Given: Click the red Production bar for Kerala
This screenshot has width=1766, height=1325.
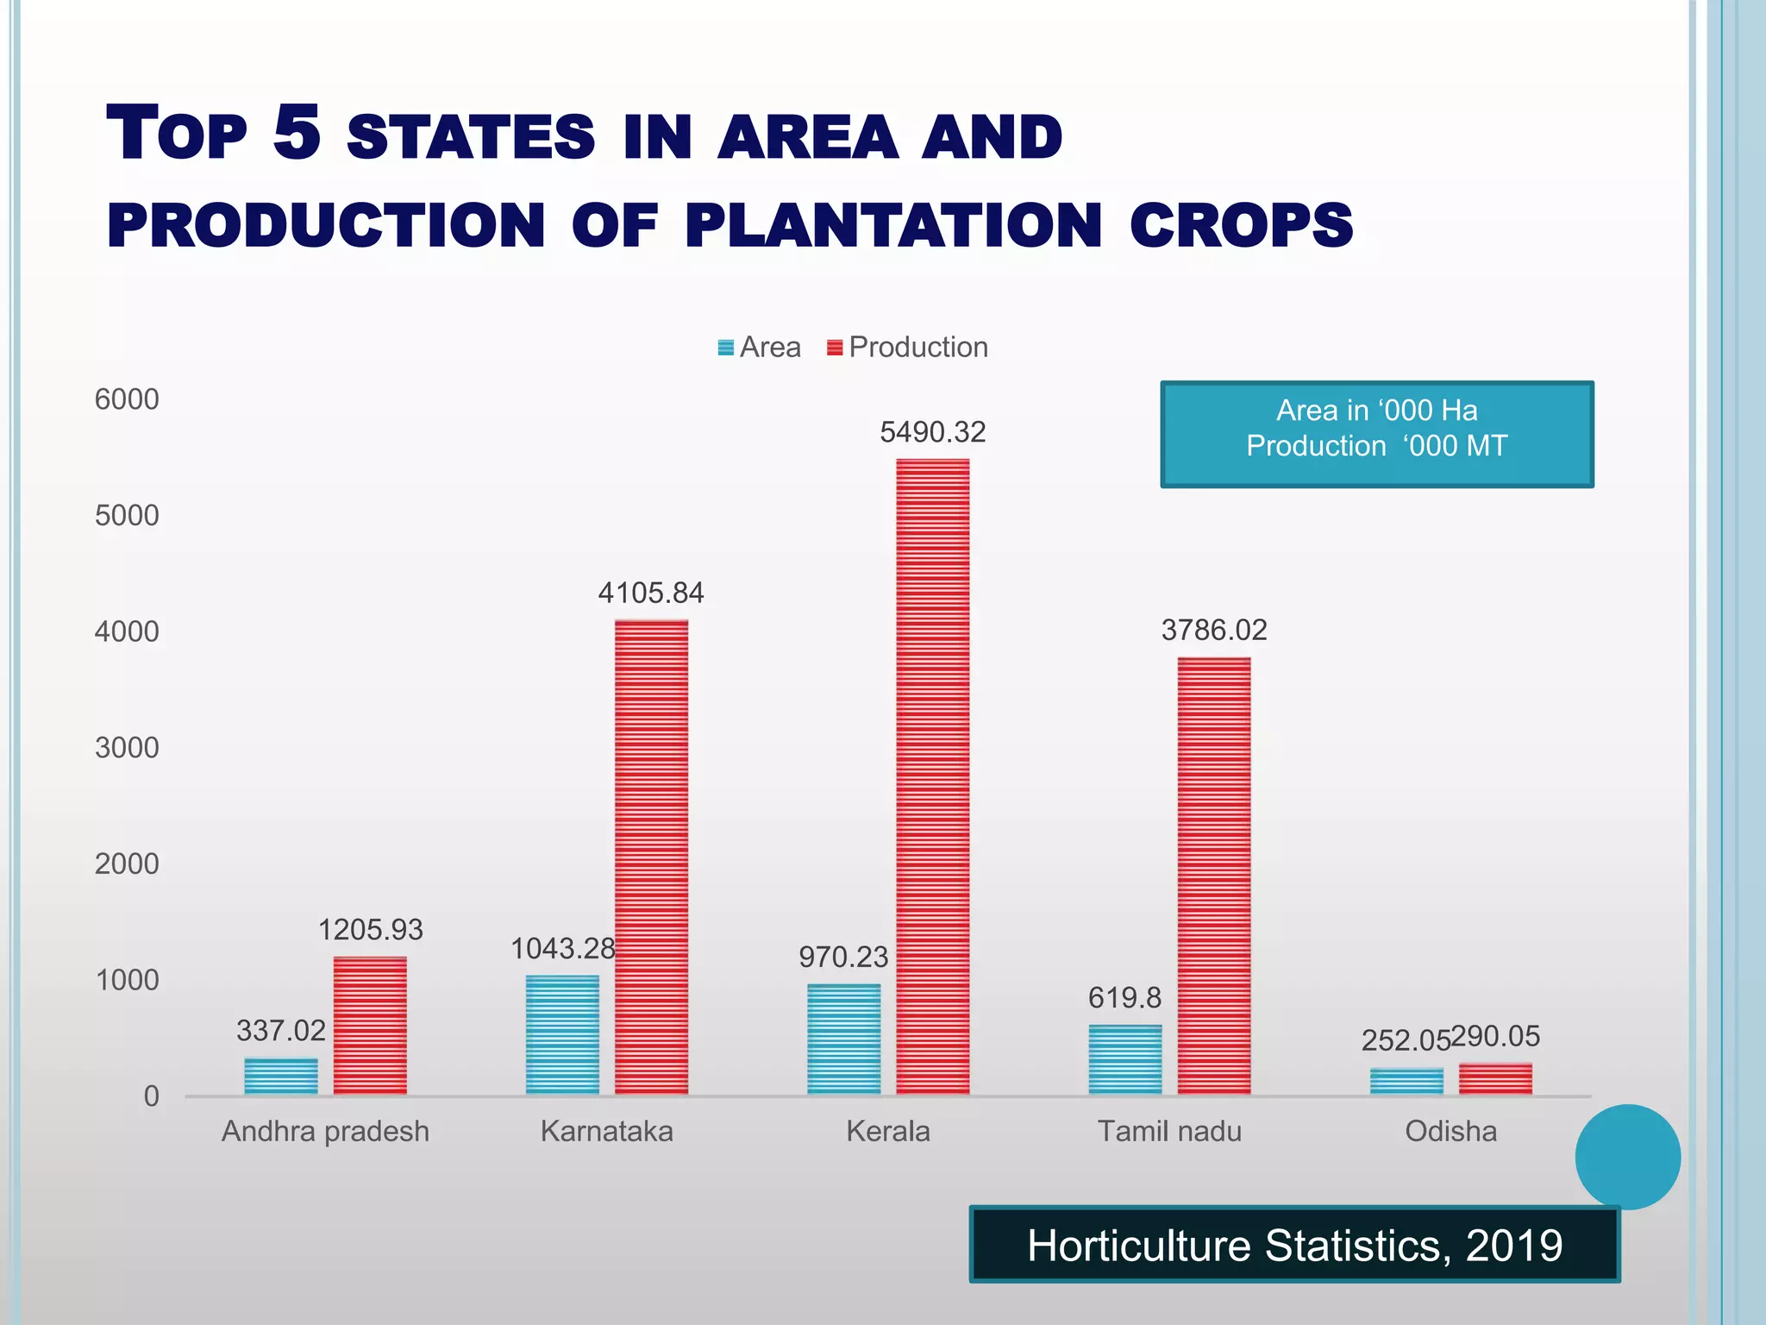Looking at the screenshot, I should tap(932, 776).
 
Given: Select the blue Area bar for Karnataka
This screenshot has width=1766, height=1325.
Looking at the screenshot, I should tap(562, 1035).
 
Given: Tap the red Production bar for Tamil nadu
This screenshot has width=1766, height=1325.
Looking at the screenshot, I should tap(1213, 876).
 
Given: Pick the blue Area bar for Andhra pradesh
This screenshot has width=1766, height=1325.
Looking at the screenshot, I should tap(281, 1077).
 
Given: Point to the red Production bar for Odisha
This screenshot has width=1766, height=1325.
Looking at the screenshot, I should tap(1495, 1079).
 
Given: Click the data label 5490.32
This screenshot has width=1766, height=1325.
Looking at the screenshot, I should tap(932, 432).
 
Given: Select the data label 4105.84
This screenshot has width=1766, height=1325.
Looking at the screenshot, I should tap(651, 593).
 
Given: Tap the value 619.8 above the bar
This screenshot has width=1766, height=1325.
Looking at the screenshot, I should tap(1124, 998).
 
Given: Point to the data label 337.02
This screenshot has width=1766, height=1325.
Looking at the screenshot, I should tap(281, 1031).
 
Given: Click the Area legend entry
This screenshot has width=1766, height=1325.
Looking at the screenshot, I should tap(760, 348).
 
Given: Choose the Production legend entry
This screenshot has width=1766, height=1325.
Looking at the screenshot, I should tap(907, 348).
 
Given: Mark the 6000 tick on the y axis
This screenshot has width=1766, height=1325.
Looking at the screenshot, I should tap(127, 399).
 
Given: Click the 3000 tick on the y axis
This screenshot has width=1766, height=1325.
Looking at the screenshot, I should tap(127, 748).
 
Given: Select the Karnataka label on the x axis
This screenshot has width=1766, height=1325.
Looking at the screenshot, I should tap(606, 1131).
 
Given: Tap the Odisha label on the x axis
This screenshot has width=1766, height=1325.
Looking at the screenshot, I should tap(1450, 1131).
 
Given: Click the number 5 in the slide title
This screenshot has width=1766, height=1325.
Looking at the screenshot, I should tap(297, 133).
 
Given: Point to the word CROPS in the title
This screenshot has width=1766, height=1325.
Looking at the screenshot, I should tap(1241, 226).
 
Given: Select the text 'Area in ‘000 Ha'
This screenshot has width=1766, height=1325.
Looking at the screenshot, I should tap(1376, 411).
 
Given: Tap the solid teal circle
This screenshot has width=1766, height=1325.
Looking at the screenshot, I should tap(1627, 1157).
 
